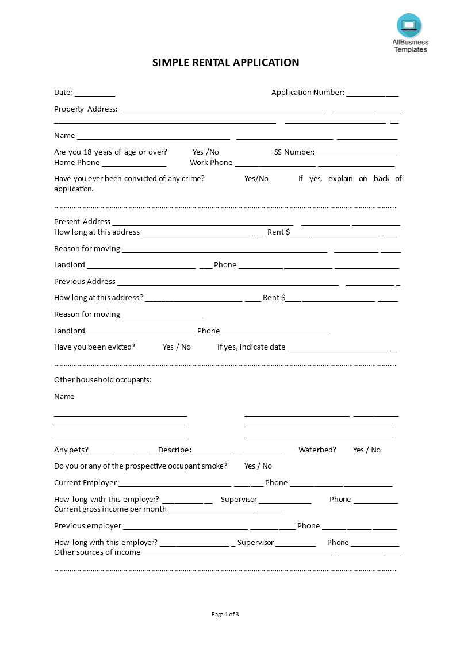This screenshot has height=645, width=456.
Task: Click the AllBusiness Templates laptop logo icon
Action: pos(409,25)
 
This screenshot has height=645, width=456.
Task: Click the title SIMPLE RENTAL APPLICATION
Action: pos(225,63)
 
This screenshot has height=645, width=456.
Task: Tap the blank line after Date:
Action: pos(95,93)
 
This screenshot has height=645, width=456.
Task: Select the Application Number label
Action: pos(308,93)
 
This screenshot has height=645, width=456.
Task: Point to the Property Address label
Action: pos(85,109)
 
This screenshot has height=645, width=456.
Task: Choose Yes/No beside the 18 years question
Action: pos(205,152)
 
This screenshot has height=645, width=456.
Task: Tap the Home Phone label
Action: pos(76,163)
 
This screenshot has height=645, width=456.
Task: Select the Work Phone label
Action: pos(211,163)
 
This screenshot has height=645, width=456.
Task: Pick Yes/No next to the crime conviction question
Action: pos(256,179)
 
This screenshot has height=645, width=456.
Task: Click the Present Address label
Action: pos(82,222)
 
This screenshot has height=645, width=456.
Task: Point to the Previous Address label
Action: pos(85,282)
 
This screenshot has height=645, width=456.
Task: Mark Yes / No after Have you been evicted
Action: pos(177,347)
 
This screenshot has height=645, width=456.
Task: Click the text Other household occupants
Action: pos(102,380)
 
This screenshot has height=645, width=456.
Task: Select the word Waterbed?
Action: pos(317,450)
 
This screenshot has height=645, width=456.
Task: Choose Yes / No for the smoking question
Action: pos(258,466)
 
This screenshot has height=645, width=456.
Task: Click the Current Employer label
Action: pos(85,483)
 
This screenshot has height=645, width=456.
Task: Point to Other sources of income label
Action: pos(97,552)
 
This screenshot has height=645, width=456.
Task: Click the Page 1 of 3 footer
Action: pos(225,615)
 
